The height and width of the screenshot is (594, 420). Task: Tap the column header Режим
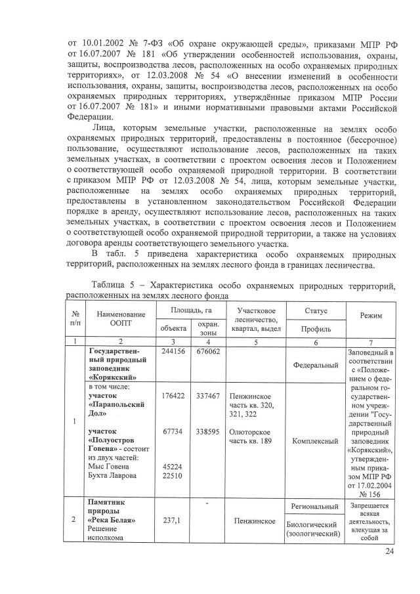click(371, 315)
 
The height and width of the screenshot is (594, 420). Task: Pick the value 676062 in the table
click(207, 352)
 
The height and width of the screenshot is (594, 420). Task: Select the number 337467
click(207, 396)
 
